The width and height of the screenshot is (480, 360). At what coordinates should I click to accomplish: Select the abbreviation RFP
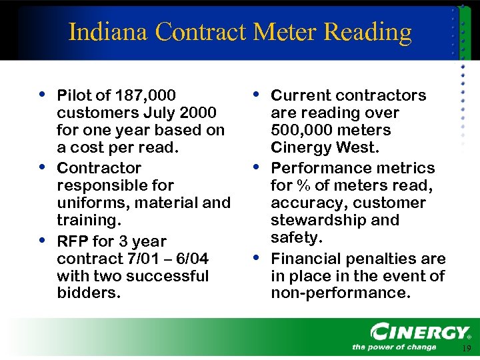pos(73,241)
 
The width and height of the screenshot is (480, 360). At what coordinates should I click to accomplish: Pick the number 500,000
pos(299,130)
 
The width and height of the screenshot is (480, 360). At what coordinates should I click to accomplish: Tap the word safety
pos(295,237)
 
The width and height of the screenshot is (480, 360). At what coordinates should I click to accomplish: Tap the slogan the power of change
pos(394,347)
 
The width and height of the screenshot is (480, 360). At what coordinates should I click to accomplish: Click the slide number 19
pos(465,349)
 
